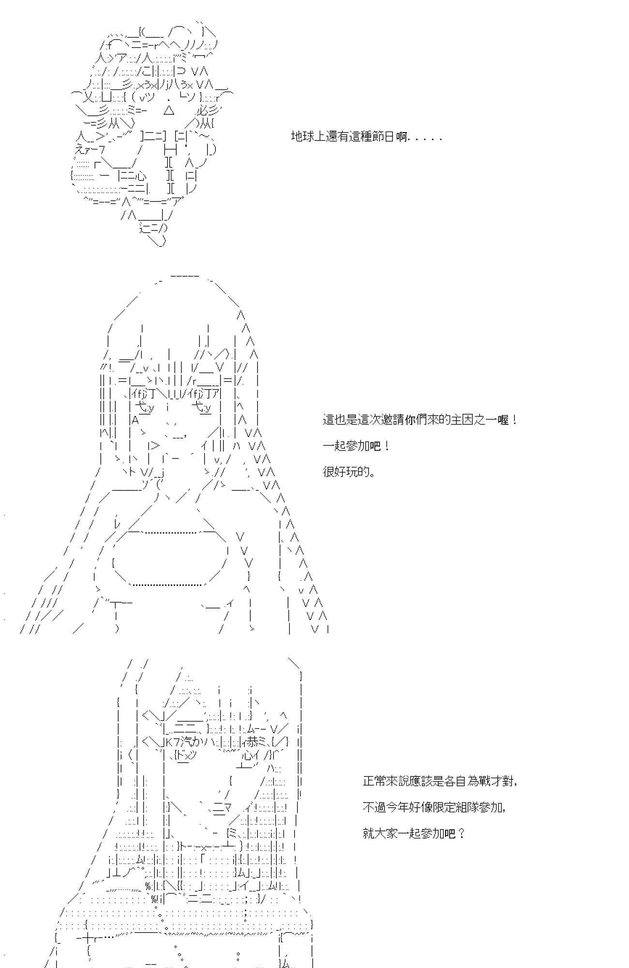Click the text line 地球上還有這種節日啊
[x=366, y=137]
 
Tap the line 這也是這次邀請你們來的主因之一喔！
[x=419, y=420]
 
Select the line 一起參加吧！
[x=356, y=446]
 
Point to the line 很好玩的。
[x=349, y=471]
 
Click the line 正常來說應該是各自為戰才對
[x=439, y=781]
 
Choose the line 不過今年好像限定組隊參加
[x=434, y=807]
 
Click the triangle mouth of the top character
[x=169, y=111]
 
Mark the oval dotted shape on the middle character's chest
[x=168, y=559]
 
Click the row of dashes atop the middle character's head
[x=184, y=276]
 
